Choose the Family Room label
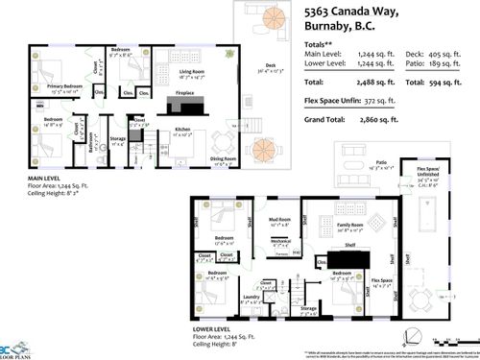[x=339, y=223]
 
